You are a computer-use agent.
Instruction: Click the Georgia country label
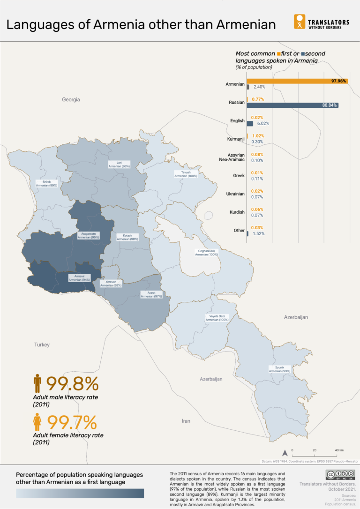71,100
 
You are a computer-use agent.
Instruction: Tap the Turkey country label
41,345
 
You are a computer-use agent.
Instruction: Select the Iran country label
186,421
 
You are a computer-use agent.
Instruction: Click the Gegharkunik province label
206,253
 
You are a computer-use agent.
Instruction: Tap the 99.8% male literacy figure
72,383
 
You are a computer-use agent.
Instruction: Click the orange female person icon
37,422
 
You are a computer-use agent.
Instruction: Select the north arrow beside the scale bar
284,453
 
